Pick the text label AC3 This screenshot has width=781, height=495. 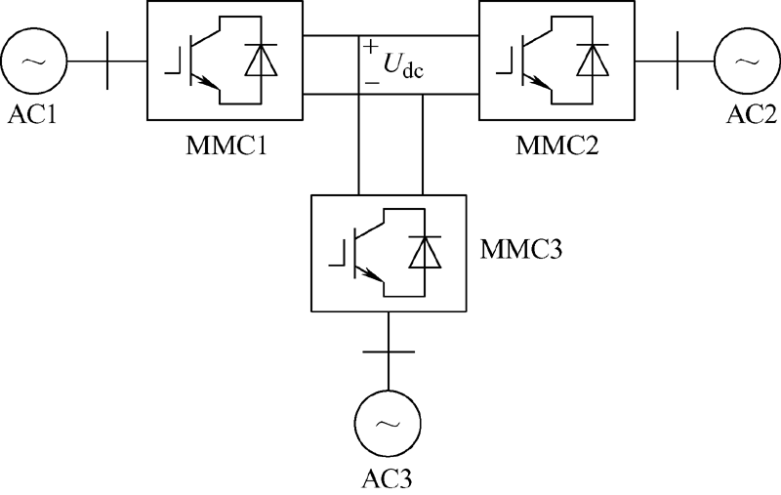click(x=389, y=479)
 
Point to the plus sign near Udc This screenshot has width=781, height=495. click(x=372, y=46)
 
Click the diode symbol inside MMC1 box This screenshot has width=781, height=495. click(x=260, y=62)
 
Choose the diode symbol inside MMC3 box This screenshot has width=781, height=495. click(x=424, y=254)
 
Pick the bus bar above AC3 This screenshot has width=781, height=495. click(x=389, y=349)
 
